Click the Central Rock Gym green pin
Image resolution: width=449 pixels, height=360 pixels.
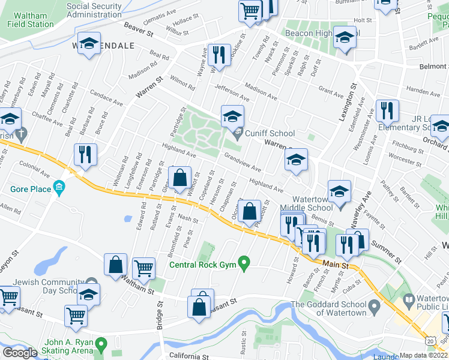point(244,262)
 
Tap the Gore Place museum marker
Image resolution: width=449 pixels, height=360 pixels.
point(58,188)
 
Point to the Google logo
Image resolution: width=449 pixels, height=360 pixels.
point(20,352)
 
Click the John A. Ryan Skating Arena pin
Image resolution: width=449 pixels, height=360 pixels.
point(101,345)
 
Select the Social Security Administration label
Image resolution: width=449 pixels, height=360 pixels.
point(94,10)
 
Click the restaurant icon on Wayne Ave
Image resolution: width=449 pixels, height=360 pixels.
point(218,55)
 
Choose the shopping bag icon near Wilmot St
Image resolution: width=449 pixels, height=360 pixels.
point(179,178)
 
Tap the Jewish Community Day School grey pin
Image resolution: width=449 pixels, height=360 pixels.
point(91,282)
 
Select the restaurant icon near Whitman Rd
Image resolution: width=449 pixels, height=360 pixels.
point(85,154)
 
